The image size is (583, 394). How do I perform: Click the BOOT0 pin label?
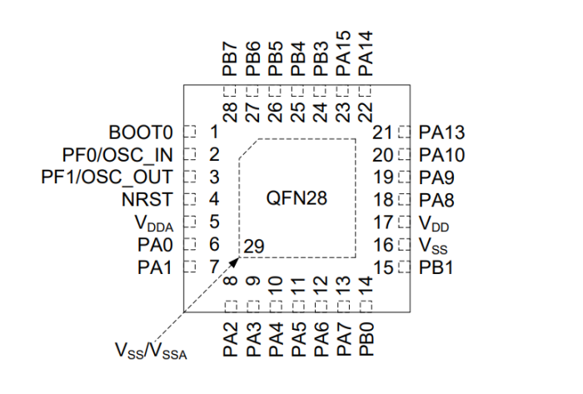click(x=140, y=132)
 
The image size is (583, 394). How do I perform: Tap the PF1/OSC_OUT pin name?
click(x=107, y=177)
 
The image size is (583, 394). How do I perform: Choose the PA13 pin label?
click(x=442, y=132)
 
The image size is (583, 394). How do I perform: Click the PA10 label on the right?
click(x=442, y=155)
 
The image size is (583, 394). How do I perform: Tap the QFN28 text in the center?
click(x=296, y=199)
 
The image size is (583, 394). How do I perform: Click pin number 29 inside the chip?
click(x=256, y=246)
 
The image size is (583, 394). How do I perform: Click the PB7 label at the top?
click(x=231, y=59)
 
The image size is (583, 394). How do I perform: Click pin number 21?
click(x=382, y=132)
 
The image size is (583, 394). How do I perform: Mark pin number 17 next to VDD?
click(x=382, y=222)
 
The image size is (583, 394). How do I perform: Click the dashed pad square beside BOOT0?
click(x=189, y=132)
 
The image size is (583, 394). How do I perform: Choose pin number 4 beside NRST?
click(x=214, y=200)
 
